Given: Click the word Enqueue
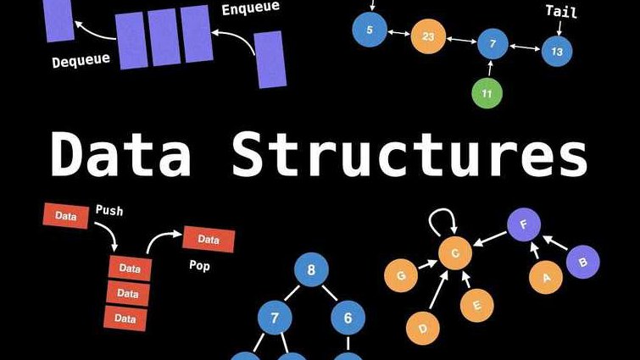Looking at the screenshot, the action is [251, 8].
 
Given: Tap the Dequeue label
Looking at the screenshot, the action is [81, 61].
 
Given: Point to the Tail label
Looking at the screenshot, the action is [561, 11].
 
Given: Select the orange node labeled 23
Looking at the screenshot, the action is [428, 36].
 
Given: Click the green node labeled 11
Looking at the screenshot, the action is [487, 93].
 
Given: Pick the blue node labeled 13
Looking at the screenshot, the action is [557, 52].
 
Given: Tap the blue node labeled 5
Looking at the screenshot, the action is [370, 30].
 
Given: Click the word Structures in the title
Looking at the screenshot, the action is [409, 154].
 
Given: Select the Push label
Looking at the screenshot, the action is [109, 210].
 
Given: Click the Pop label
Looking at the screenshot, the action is [199, 266].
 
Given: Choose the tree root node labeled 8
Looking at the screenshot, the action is [311, 269].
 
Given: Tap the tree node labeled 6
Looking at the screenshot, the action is [348, 318].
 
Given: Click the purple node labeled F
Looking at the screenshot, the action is [524, 224].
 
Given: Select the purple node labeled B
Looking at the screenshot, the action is [583, 262].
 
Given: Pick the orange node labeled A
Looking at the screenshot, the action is [546, 278].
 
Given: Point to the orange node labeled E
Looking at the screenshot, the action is [476, 306].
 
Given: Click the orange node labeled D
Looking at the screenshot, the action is [423, 328].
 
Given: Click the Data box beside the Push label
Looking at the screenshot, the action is [66, 216].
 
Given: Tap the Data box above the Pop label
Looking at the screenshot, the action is [209, 239].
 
